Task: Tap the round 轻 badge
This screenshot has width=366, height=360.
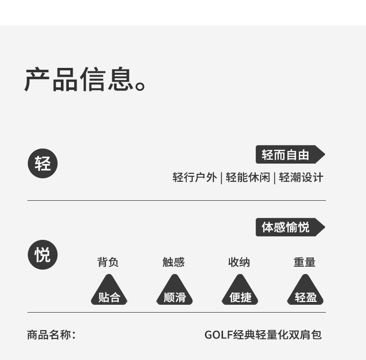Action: [42, 164]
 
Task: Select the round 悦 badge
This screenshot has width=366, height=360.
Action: [42, 254]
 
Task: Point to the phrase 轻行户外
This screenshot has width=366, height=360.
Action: [195, 177]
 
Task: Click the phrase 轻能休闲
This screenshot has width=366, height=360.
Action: [247, 177]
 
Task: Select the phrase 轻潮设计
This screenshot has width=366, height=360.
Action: [301, 177]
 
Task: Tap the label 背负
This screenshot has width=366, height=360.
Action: [108, 262]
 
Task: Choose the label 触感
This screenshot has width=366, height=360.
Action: [174, 262]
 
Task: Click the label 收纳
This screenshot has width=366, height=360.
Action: [239, 262]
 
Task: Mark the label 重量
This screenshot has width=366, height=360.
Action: [305, 262]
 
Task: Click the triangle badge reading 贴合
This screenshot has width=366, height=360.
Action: [109, 293]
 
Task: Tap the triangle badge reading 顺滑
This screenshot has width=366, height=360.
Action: [175, 293]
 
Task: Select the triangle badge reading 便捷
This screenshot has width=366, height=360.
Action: [240, 293]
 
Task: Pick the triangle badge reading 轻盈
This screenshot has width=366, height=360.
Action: [305, 293]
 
